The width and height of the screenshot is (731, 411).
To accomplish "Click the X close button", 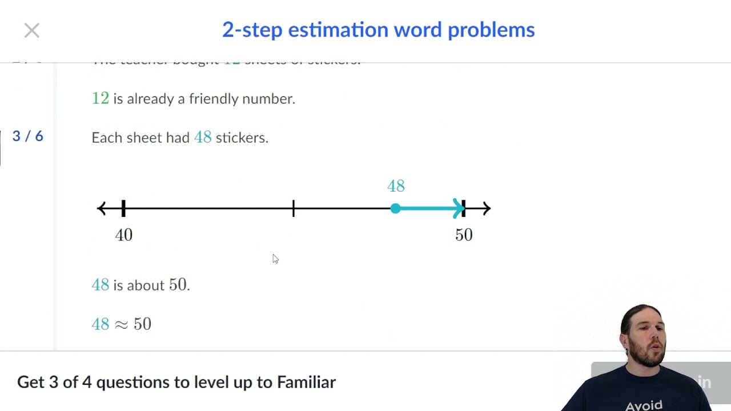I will [32, 30].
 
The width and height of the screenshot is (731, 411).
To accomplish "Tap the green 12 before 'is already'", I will [100, 98].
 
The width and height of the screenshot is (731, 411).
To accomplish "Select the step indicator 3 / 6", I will [27, 136].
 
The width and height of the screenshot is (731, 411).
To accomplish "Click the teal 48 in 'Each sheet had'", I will [203, 138].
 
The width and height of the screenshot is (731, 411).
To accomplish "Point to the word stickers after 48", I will [242, 138].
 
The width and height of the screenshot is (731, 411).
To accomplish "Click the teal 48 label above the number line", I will [396, 186].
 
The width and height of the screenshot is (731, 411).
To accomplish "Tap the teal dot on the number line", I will [395, 208].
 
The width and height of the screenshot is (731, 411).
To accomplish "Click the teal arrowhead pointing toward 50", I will [458, 208].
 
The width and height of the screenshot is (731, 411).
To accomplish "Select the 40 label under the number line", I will [124, 235].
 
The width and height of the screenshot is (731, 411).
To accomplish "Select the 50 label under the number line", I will [464, 235].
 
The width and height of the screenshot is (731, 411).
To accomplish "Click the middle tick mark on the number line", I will [294, 208].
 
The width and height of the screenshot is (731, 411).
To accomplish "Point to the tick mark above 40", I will [124, 208].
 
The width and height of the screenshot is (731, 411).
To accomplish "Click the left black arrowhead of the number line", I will [102, 208].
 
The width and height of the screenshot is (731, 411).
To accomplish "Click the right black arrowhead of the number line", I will [486, 208].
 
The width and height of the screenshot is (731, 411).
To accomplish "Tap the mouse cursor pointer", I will [275, 259].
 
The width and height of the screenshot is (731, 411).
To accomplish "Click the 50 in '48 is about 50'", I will [178, 285].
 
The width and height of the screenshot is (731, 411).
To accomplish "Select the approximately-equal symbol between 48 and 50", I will [121, 324].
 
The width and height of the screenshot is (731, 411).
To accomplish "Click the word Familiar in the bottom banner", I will [306, 382].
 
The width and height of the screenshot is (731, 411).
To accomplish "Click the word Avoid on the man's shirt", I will [644, 405].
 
